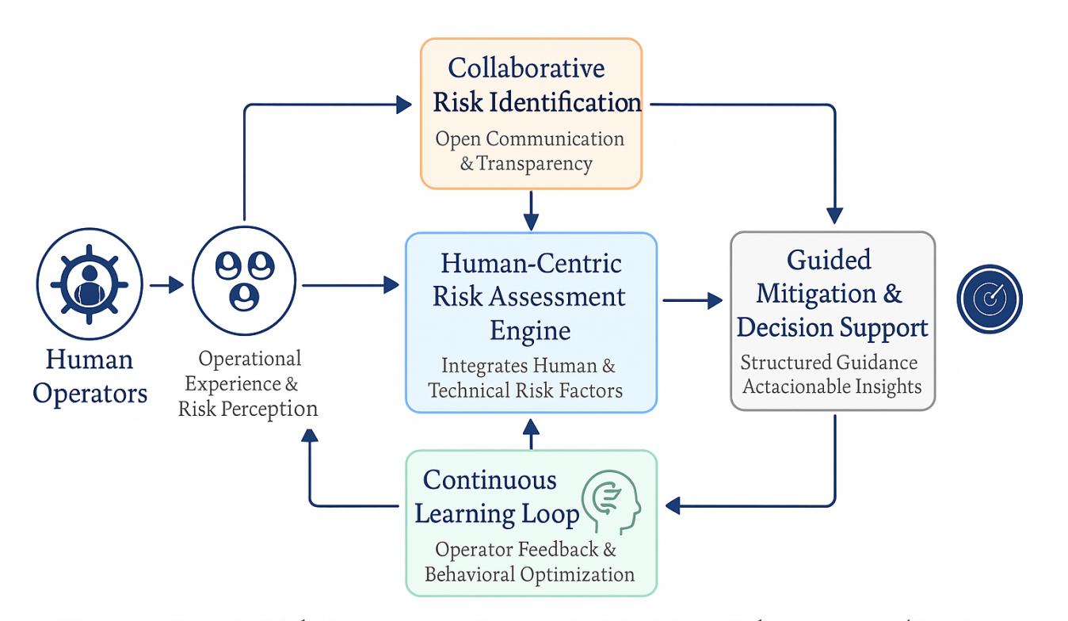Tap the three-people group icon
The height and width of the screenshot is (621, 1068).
[244, 278]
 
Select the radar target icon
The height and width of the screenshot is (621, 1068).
[989, 299]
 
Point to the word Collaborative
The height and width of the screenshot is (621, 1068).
[526, 68]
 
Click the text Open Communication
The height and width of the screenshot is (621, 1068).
[529, 139]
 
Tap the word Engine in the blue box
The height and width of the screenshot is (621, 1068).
[530, 330]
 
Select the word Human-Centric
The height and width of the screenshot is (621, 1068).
[531, 263]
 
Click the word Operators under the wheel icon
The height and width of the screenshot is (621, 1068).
[90, 393]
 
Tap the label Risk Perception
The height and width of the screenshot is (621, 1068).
[248, 409]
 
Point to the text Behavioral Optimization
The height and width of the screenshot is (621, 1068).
[529, 574]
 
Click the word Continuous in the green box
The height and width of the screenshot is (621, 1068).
[490, 480]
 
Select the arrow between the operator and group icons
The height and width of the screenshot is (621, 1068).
[166, 284]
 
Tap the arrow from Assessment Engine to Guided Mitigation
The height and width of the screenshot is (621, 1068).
[692, 300]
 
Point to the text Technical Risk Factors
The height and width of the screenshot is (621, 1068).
[525, 391]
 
